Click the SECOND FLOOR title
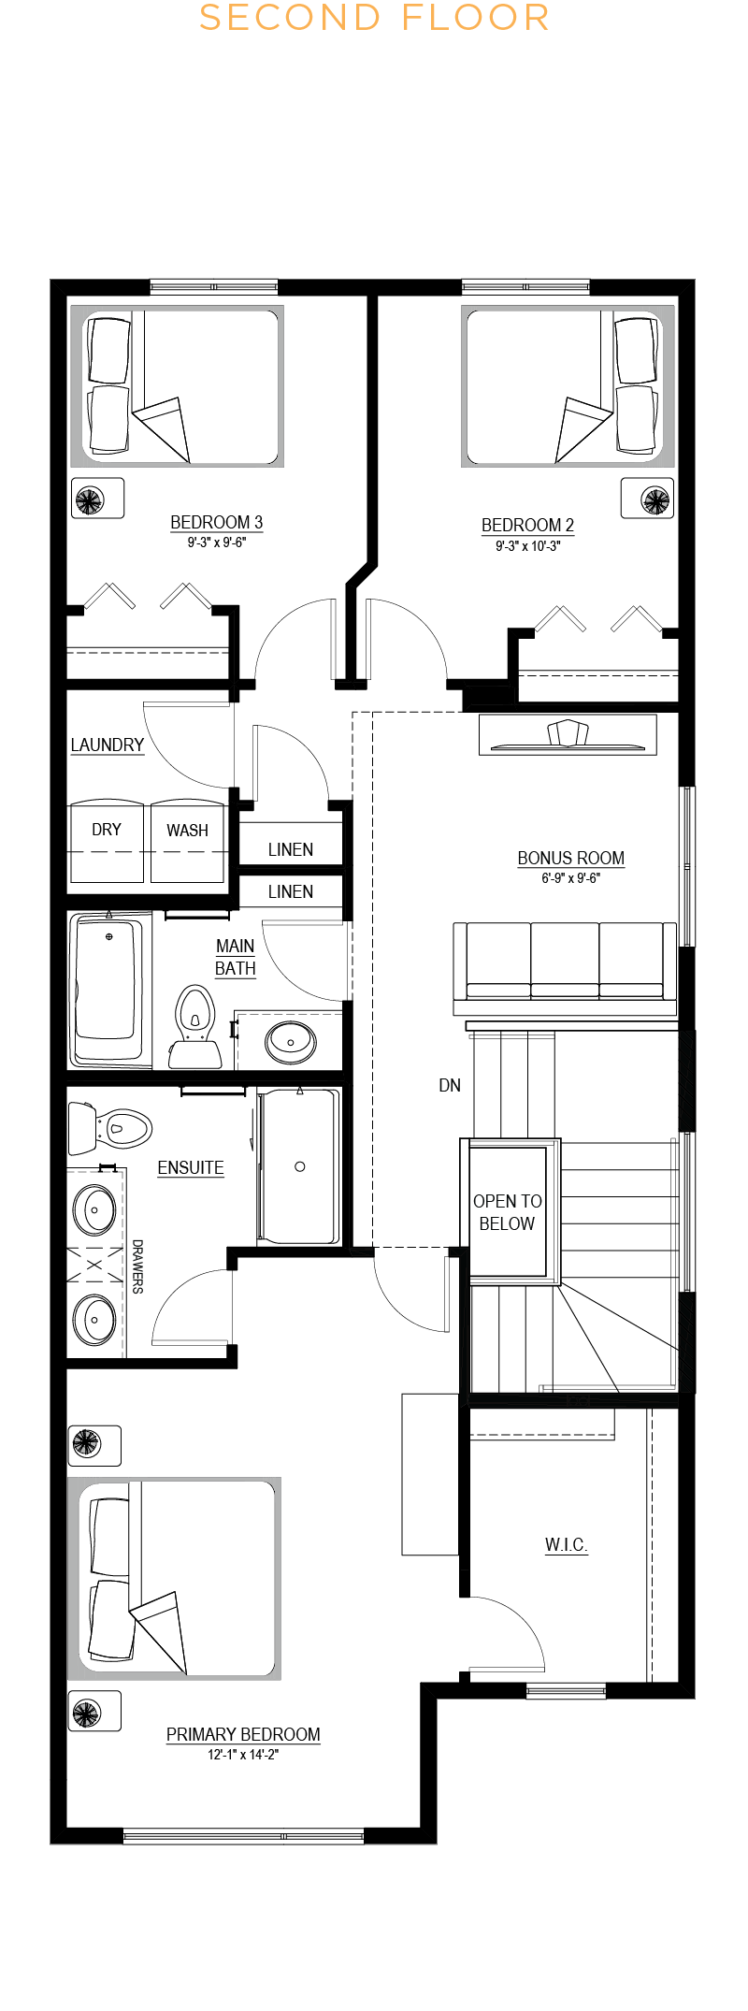click(374, 18)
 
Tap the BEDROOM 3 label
click(216, 522)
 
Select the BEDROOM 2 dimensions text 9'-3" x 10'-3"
click(527, 546)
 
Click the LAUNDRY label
click(108, 745)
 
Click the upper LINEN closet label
click(291, 849)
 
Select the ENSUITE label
click(191, 1167)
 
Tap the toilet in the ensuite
click(109, 1128)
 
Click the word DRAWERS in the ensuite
click(137, 1266)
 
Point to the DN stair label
click(450, 1085)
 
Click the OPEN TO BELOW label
click(507, 1212)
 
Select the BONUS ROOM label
click(570, 858)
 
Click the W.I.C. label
click(567, 1544)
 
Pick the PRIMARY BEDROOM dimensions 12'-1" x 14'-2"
click(243, 1755)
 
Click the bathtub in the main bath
click(110, 990)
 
